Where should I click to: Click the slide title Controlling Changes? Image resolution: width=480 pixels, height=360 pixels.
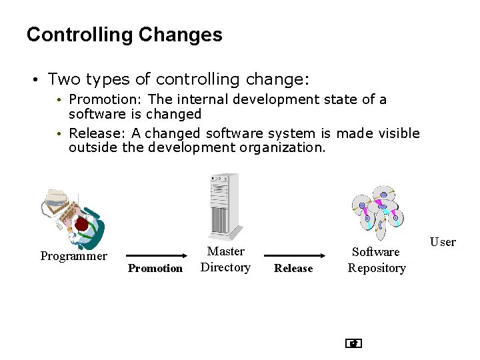pyautogui.click(x=124, y=35)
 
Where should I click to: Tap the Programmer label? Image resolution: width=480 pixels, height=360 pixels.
pyautogui.click(x=73, y=256)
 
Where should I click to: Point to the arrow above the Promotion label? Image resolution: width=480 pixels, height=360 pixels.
pyautogui.click(x=156, y=255)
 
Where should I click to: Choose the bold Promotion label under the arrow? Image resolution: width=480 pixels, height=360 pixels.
pyautogui.click(x=155, y=269)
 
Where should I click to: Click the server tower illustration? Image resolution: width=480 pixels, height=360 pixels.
pyautogui.click(x=223, y=205)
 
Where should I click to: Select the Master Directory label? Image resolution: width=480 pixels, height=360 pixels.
pyautogui.click(x=225, y=259)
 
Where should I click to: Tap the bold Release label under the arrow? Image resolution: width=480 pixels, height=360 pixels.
pyautogui.click(x=293, y=269)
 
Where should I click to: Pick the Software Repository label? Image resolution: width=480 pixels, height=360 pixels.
pyautogui.click(x=377, y=260)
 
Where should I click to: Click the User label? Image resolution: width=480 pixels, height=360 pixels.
pyautogui.click(x=443, y=242)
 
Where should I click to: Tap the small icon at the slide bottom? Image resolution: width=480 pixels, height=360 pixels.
pyautogui.click(x=353, y=344)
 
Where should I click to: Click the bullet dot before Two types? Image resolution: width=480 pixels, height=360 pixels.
pyautogui.click(x=33, y=80)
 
